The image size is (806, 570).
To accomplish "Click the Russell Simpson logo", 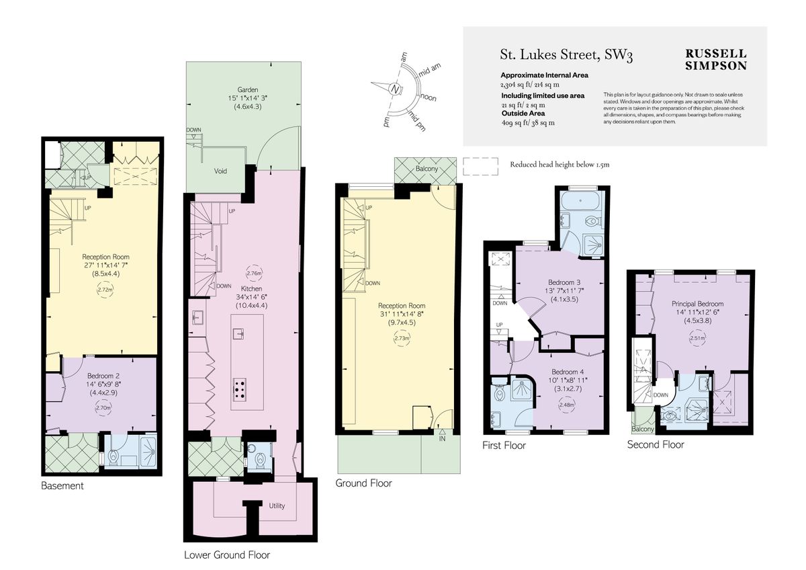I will tap(715, 59).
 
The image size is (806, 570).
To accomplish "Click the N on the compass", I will tap(396, 88).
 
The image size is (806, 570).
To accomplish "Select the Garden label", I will tap(247, 89).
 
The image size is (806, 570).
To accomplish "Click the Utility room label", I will tap(277, 505).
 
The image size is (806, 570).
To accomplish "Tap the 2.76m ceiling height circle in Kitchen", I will tap(254, 274).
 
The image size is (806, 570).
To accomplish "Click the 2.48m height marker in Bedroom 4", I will tap(567, 405).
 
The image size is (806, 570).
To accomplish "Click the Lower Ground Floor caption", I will tap(226, 555).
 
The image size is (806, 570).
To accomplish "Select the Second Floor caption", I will tap(656, 444).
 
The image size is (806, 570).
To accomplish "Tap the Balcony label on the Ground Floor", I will tap(427, 169).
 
